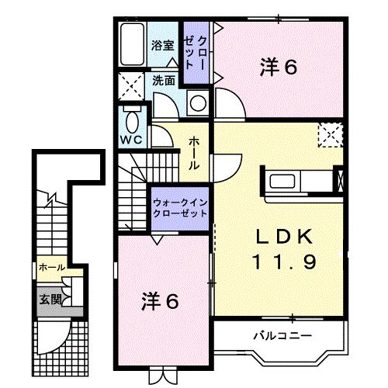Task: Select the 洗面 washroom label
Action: (x=163, y=79)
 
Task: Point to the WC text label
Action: (x=130, y=141)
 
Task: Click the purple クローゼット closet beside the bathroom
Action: (x=195, y=52)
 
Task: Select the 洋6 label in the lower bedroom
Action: (x=161, y=299)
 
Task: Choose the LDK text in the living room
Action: (x=282, y=235)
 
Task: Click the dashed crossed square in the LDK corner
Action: (x=330, y=136)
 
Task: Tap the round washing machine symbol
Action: (x=198, y=102)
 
